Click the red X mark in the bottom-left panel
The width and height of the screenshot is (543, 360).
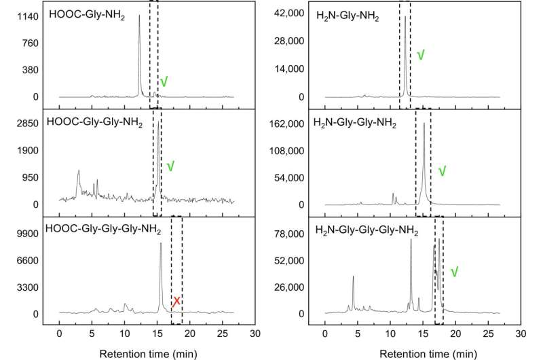(x=176, y=301)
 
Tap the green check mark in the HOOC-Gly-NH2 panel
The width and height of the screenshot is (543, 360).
(x=164, y=82)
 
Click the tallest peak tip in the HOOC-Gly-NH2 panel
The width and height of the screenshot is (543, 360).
(x=139, y=16)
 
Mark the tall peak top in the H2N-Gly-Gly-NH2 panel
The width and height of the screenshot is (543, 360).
(x=424, y=123)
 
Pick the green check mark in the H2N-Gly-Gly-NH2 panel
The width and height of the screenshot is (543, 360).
(x=442, y=171)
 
